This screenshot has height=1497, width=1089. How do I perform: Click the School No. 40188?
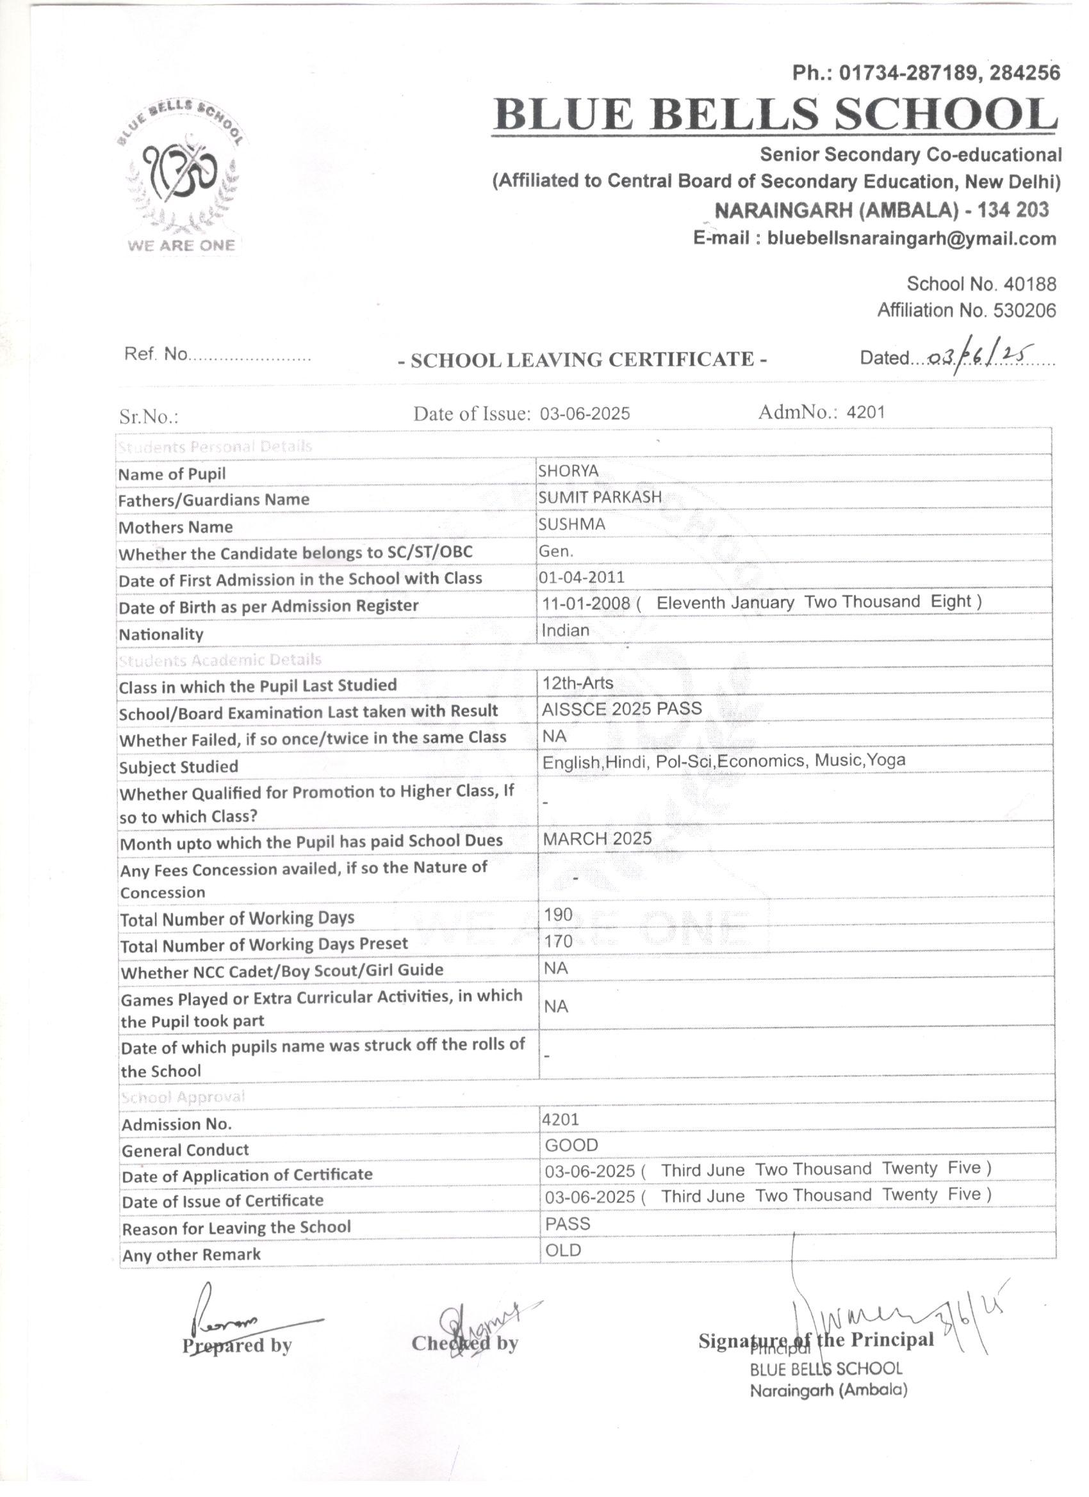tap(981, 284)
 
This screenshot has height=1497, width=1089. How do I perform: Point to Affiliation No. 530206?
tap(966, 311)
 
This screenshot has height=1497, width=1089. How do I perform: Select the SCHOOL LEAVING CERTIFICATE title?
tap(582, 360)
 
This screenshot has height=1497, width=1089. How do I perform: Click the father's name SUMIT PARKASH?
tap(599, 497)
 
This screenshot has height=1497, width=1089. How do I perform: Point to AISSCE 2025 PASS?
tap(621, 709)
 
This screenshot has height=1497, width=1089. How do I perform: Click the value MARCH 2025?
tap(597, 839)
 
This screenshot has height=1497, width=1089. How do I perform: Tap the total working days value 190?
tap(558, 915)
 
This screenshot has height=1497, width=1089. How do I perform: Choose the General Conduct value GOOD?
tap(571, 1145)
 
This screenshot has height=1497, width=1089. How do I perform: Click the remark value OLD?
tap(563, 1250)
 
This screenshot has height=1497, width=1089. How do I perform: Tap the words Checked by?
tap(464, 1343)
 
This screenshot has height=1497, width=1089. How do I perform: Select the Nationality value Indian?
tap(565, 630)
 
